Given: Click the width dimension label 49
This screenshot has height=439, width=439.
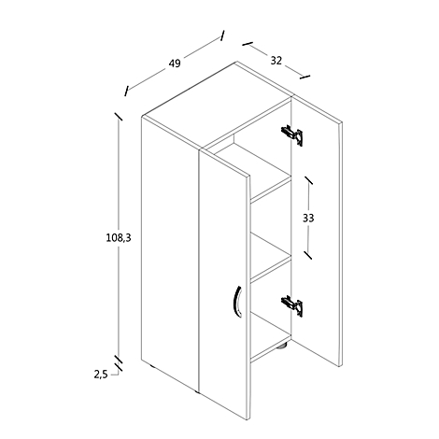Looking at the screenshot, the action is click(175, 64).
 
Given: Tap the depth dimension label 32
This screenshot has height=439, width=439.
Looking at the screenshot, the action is click(276, 61).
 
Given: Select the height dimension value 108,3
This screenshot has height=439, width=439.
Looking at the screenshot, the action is click(119, 238).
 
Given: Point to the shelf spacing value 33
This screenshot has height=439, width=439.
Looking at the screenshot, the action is click(308, 218).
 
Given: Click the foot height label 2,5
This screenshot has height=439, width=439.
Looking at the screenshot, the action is click(101, 375).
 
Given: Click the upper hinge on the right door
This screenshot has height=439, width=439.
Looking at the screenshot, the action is click(292, 135).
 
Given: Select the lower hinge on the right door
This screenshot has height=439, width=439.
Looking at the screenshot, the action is click(292, 306).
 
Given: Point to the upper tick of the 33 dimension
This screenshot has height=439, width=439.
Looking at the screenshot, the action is click(308, 179).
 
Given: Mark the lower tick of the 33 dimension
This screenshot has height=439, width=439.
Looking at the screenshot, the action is click(308, 255).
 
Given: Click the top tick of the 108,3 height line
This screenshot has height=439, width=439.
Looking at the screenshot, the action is click(119, 116).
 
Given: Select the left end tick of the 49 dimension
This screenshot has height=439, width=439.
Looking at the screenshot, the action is click(126, 91).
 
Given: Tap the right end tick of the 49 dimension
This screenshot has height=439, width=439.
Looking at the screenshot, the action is click(222, 35).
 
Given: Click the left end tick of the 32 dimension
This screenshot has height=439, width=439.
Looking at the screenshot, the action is click(248, 44).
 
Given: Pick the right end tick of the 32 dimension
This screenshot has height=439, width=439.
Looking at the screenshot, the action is click(304, 77).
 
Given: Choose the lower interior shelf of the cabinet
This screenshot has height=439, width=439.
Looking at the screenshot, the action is click(271, 256).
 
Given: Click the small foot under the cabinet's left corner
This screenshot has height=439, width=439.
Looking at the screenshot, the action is click(153, 367).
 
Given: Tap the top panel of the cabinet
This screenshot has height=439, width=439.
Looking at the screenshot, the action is click(217, 106).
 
